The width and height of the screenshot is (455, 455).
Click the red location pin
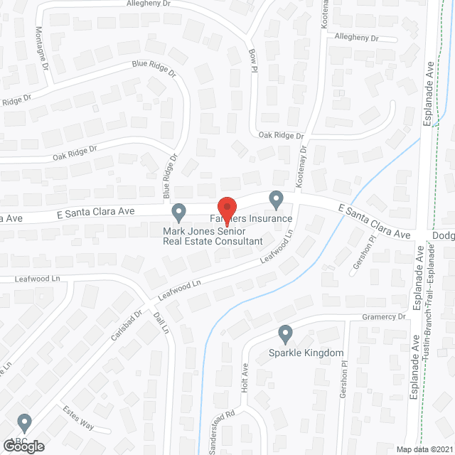pos(226,211)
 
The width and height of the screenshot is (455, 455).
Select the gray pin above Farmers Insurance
pos(276,200)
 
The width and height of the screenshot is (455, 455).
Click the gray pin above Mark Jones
pos(179,212)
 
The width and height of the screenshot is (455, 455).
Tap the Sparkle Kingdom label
pos(306,353)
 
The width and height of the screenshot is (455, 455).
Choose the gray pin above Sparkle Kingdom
pos(286,333)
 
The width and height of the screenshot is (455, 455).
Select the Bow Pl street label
pos(252,60)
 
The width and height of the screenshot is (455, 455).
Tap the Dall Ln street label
pos(162,324)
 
